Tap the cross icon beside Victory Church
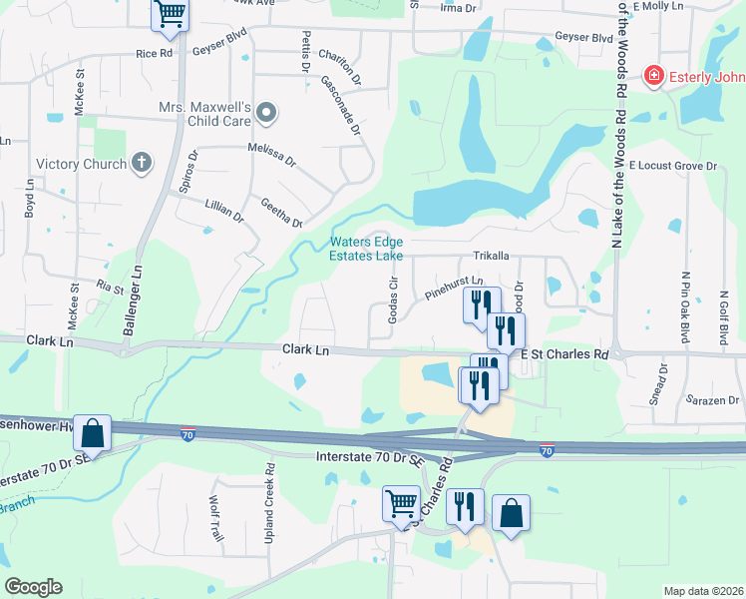point(142,163)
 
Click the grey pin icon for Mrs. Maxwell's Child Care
point(266,114)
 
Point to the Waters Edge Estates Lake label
point(367,249)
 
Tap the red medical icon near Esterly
point(654,75)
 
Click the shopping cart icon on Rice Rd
point(171,14)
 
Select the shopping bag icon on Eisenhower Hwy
point(92,433)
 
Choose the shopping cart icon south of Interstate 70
point(401,504)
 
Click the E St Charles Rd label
point(564,353)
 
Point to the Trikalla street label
point(492,257)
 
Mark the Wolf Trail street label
point(214,518)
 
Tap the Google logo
point(33,587)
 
